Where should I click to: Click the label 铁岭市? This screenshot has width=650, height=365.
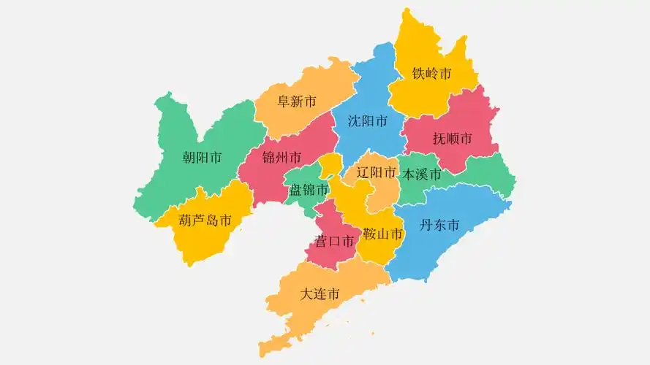(x=431, y=74)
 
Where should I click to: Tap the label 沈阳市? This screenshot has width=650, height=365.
(x=368, y=121)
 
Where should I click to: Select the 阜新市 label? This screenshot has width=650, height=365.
(x=296, y=101)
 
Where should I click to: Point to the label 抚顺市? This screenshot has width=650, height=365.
(x=452, y=139)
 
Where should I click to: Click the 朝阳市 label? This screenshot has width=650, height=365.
(x=203, y=158)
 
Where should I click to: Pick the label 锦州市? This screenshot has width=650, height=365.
(x=281, y=158)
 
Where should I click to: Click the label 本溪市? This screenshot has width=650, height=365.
(x=423, y=175)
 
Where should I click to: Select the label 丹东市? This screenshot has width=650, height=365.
(x=439, y=226)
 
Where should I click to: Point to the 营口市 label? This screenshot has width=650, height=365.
(x=335, y=240)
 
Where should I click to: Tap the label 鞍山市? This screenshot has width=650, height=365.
(x=383, y=234)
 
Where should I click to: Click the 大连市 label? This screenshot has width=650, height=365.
(x=320, y=294)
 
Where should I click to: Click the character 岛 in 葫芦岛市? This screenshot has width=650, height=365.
(x=212, y=220)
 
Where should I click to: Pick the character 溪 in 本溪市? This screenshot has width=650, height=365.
(x=423, y=175)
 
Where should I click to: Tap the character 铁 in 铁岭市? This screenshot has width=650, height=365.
(x=418, y=74)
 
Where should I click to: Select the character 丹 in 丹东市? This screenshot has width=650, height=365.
(x=426, y=226)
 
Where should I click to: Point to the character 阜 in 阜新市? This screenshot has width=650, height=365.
(x=284, y=101)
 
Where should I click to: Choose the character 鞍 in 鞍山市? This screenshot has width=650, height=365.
(x=370, y=234)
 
